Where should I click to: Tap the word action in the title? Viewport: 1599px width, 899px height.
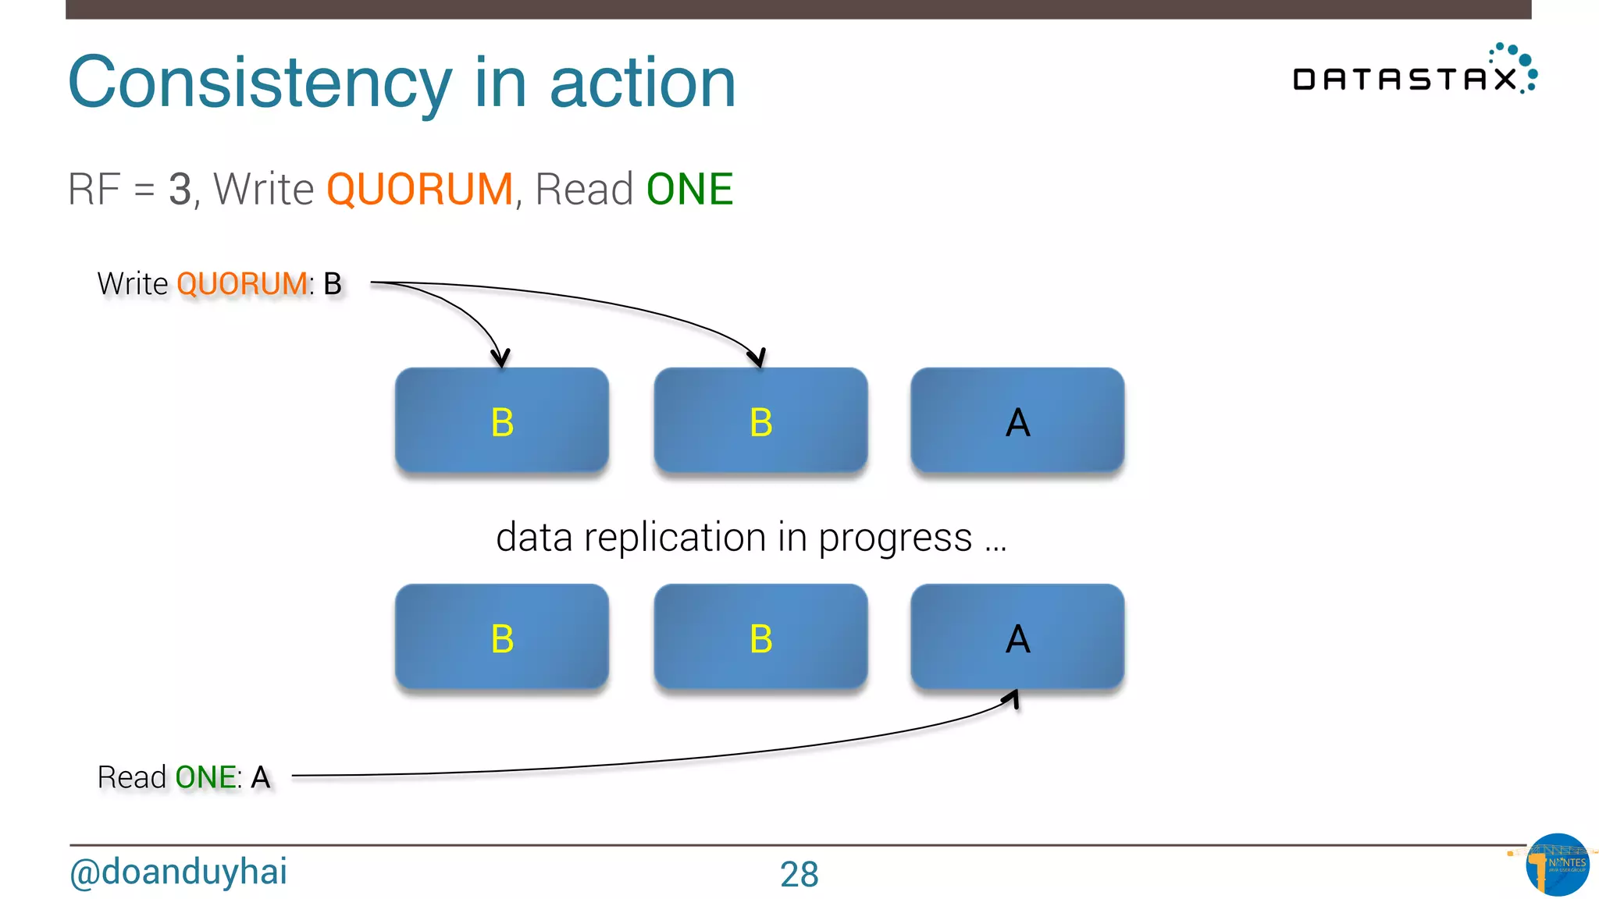(x=643, y=84)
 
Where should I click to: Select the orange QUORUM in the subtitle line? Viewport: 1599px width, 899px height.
(x=419, y=190)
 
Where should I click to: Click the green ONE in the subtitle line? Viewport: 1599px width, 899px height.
(x=689, y=190)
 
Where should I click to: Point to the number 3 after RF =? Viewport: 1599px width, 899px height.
(x=180, y=190)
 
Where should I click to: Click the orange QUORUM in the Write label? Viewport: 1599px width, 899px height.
(x=242, y=284)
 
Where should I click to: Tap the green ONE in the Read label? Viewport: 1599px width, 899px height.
(x=205, y=777)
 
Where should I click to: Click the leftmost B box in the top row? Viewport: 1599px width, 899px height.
(x=502, y=421)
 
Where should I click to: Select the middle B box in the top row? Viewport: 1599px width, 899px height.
(x=760, y=421)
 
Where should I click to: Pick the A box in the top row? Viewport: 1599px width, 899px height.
(x=1017, y=421)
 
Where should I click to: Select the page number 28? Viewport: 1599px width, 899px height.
(x=799, y=874)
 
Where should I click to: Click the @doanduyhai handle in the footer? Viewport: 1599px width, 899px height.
(x=179, y=872)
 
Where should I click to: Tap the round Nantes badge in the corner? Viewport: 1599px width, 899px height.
(x=1557, y=864)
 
